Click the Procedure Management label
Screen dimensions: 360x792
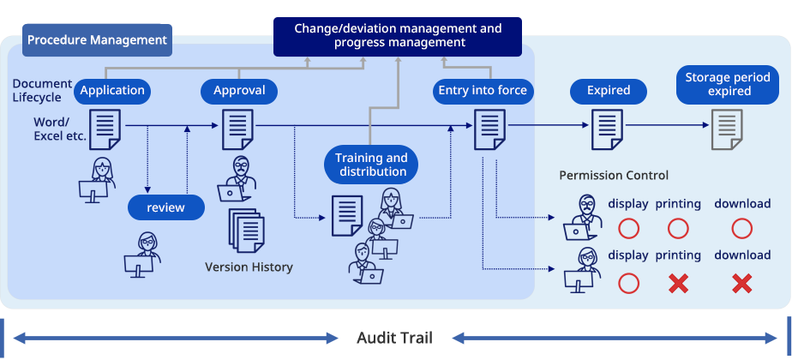click(x=96, y=39)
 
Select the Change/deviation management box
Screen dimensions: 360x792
click(x=397, y=36)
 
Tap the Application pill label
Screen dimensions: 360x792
click(x=112, y=91)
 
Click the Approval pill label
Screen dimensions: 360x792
click(x=239, y=91)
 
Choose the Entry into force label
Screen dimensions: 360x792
click(x=482, y=91)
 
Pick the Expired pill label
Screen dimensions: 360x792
click(x=609, y=91)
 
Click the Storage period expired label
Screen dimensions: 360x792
click(x=729, y=84)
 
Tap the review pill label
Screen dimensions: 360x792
click(x=165, y=207)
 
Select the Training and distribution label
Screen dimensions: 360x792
click(x=371, y=165)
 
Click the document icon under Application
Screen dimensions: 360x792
click(x=105, y=129)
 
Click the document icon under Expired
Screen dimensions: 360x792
click(x=608, y=130)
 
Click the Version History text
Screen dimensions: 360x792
click(x=249, y=267)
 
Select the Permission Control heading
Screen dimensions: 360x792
click(x=614, y=176)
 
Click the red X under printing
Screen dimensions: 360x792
click(x=678, y=283)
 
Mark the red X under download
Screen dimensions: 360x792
click(x=741, y=283)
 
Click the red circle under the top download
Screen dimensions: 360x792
click(x=742, y=229)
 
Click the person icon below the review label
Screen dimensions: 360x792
click(x=145, y=255)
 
